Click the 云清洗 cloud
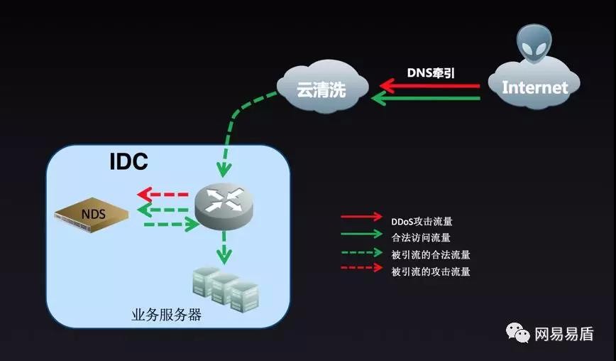click(321, 88)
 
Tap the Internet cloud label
click(534, 87)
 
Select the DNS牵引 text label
click(431, 72)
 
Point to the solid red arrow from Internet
click(429, 86)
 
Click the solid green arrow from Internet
click(429, 98)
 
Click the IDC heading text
click(128, 162)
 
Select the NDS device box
click(93, 213)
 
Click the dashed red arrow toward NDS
click(163, 194)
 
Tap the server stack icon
click(225, 288)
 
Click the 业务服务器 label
click(166, 315)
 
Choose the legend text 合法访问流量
click(421, 237)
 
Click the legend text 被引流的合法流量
click(430, 254)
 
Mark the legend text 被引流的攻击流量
click(430, 271)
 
